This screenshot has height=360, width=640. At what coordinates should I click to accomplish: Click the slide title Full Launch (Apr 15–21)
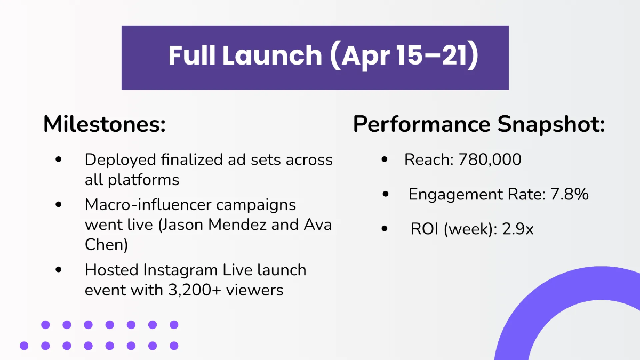323,55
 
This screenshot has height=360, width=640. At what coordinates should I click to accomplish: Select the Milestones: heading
104,124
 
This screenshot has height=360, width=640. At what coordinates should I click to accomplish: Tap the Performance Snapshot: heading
478,124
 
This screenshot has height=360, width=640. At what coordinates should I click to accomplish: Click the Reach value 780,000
490,159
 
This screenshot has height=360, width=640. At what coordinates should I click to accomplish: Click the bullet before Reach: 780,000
385,160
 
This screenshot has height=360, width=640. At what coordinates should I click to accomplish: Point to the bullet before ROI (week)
385,230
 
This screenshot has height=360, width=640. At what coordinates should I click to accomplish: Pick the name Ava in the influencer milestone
318,225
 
